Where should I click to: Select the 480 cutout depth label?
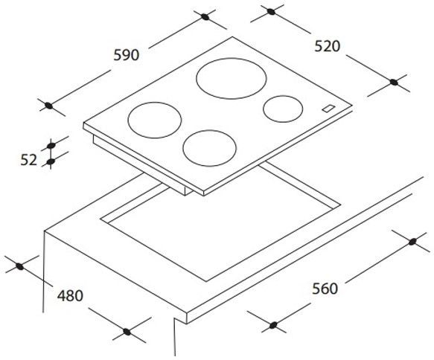coord(70,295)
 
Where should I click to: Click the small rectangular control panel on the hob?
coord(328,109)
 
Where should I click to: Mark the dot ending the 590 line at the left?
coord(49,106)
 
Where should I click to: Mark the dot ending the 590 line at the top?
coord(203,15)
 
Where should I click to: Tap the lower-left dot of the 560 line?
coord(273,325)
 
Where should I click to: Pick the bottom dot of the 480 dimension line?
coord(127,332)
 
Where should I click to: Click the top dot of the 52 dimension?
coord(51,144)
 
